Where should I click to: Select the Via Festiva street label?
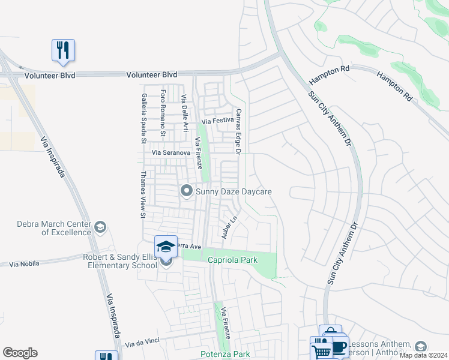click(217, 121)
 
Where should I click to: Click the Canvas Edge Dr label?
click(238, 131)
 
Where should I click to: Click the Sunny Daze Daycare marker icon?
click(186, 191)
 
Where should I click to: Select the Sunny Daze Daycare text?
click(234, 191)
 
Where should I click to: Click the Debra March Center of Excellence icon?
click(100, 227)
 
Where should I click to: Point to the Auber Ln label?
click(226, 228)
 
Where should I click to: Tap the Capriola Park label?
click(232, 260)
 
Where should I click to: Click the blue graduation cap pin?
click(166, 246)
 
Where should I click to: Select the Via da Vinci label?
click(142, 344)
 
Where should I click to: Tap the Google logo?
click(20, 353)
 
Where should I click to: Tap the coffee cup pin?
click(339, 347)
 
